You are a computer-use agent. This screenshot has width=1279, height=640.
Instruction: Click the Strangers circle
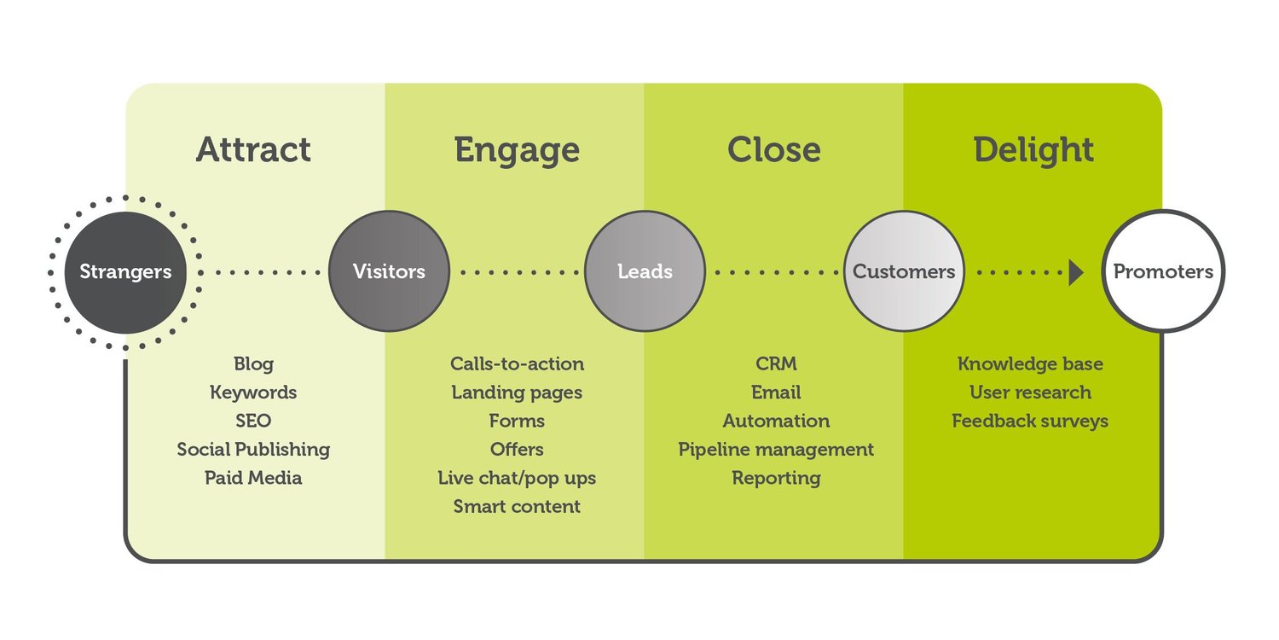(125, 272)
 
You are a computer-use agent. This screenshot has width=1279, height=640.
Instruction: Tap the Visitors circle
(389, 272)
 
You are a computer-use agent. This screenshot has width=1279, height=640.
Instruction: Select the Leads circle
(645, 272)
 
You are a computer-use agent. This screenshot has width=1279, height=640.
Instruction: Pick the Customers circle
(904, 272)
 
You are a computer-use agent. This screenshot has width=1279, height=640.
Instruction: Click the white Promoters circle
(1163, 272)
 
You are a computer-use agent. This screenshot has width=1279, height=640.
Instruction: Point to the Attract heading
(253, 150)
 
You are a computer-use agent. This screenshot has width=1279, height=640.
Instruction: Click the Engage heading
(517, 150)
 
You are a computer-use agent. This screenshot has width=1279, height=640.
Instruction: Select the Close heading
(774, 150)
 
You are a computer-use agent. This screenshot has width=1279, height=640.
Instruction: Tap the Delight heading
(1033, 150)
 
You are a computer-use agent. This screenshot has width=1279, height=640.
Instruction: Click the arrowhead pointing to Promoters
(1076, 272)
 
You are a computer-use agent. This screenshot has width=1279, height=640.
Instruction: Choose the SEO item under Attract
(253, 421)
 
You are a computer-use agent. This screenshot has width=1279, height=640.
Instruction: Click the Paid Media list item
(253, 478)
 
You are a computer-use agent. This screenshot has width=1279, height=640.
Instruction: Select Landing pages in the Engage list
(517, 393)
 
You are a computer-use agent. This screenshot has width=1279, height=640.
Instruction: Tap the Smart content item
(517, 506)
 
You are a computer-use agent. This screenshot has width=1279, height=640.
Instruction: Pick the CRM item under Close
(776, 364)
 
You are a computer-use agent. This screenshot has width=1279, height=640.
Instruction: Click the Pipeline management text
(776, 450)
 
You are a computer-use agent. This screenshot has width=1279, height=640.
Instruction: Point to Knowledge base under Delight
(1030, 364)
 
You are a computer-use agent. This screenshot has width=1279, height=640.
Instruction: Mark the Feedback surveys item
(1030, 421)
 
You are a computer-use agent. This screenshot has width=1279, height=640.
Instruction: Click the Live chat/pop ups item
(517, 478)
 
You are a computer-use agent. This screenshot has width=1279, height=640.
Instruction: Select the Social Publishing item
(253, 450)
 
